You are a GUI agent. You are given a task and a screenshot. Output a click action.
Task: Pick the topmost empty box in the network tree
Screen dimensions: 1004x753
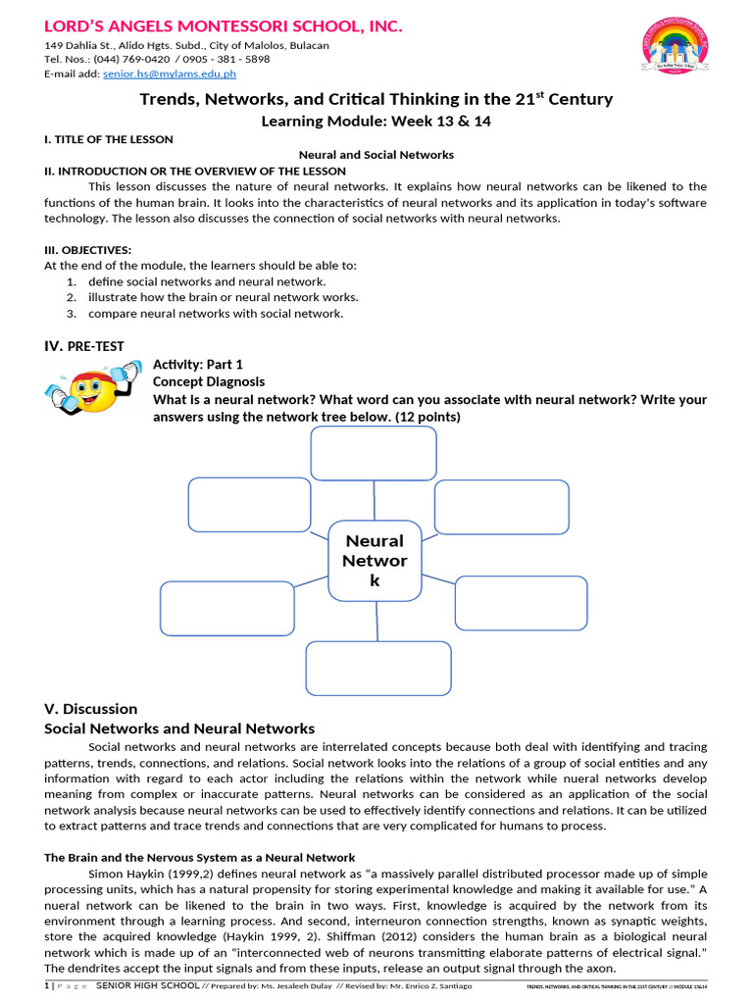pos(374,454)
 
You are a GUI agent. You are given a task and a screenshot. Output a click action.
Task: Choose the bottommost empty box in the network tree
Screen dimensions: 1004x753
pos(378,668)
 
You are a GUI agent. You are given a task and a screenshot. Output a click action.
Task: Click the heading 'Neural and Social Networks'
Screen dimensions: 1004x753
pos(376,155)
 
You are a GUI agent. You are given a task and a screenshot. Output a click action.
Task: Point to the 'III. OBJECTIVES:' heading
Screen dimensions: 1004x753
pos(88,250)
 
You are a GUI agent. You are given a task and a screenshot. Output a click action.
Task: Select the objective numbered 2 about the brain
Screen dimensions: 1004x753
pos(223,297)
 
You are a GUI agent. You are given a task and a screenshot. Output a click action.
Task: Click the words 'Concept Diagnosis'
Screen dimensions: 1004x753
pos(208,381)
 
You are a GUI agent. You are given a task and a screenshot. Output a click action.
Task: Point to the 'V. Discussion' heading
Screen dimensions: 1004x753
pos(91,709)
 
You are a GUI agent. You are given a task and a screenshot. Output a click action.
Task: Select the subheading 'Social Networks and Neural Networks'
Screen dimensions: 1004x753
pos(179,728)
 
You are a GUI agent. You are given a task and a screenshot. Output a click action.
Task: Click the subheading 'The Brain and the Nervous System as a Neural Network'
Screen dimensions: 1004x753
pos(200,857)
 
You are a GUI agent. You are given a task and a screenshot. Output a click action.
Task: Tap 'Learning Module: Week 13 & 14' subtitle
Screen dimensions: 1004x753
pos(376,122)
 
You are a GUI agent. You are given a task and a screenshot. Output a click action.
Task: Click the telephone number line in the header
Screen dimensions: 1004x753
pos(157,59)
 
